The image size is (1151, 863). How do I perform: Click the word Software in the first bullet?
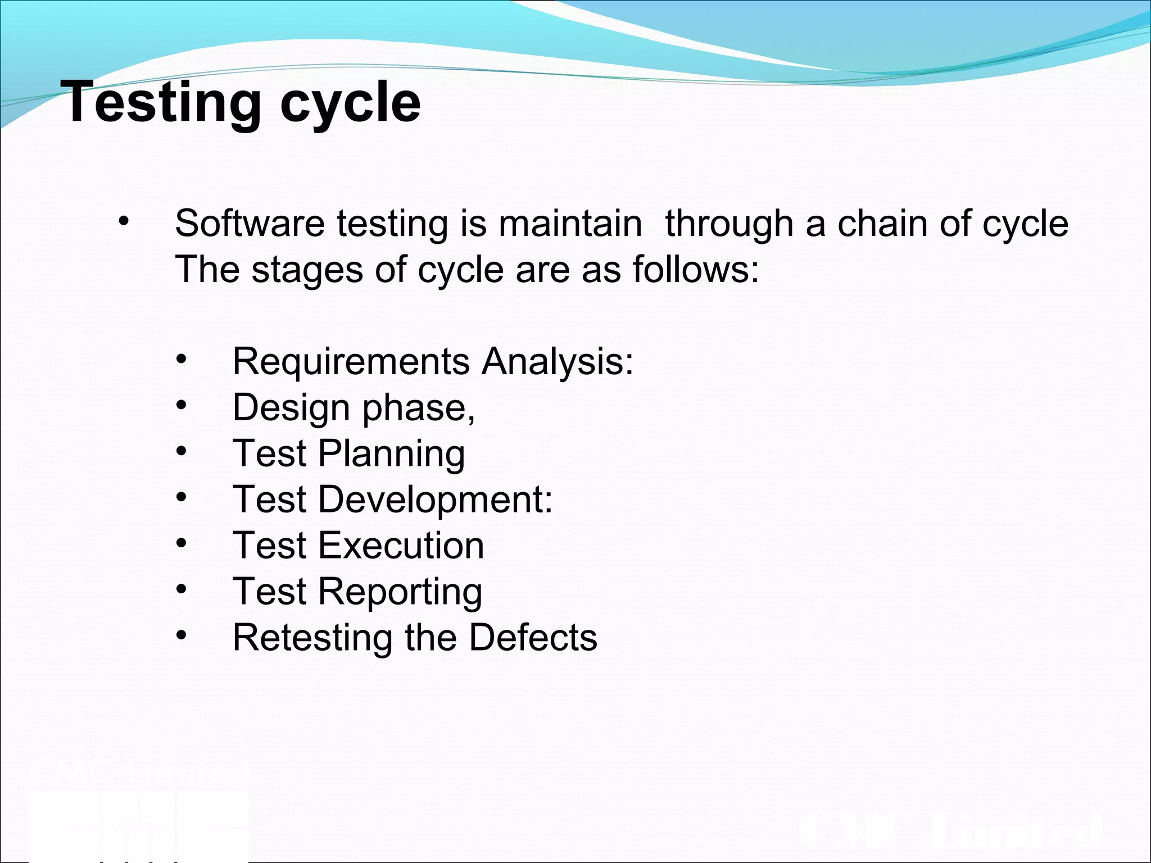pyautogui.click(x=250, y=224)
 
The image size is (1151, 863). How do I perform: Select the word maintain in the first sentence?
pyautogui.click(x=570, y=224)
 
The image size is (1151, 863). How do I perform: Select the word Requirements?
pyautogui.click(x=351, y=362)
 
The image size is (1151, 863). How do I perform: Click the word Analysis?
pyautogui.click(x=558, y=362)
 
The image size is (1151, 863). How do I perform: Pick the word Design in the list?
pyautogui.click(x=291, y=408)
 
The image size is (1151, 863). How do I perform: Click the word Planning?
pyautogui.click(x=392, y=454)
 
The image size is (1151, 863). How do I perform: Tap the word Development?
pyautogui.click(x=436, y=500)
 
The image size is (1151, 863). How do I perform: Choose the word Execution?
pyautogui.click(x=401, y=546)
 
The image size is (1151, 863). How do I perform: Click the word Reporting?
pyautogui.click(x=400, y=592)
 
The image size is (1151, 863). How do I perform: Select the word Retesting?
pyautogui.click(x=312, y=638)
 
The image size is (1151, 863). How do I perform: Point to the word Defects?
pyautogui.click(x=533, y=638)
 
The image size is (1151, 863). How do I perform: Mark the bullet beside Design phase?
pyautogui.click(x=180, y=405)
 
